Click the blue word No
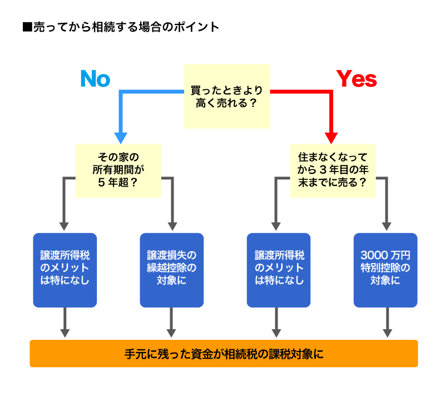click(x=95, y=79)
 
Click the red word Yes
click(x=357, y=79)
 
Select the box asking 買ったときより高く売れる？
click(x=227, y=96)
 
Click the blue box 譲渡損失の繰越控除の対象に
click(x=171, y=270)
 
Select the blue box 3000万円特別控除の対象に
click(x=385, y=270)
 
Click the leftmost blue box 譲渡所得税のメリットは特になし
click(x=65, y=270)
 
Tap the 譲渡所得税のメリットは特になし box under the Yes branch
click(x=278, y=270)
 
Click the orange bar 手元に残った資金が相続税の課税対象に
click(x=224, y=354)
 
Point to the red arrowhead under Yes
click(x=332, y=137)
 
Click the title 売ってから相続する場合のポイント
click(x=126, y=27)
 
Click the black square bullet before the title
click(x=27, y=27)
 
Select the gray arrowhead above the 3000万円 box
click(x=385, y=226)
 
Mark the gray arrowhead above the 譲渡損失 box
click(x=172, y=226)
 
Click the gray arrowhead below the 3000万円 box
click(x=385, y=333)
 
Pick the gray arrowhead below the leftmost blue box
click(x=65, y=333)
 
